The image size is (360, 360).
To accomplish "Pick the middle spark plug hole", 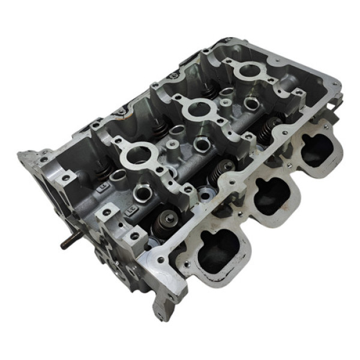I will point(195,109).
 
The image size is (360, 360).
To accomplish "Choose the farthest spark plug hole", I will point(246,71).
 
